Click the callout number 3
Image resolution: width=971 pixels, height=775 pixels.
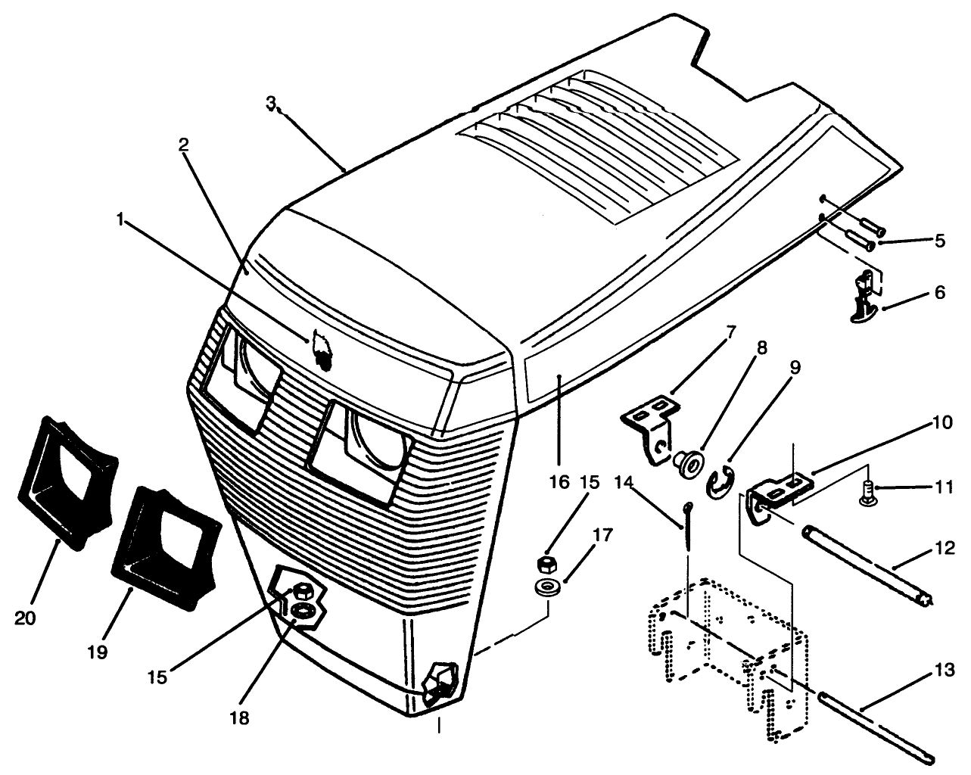[x=270, y=103]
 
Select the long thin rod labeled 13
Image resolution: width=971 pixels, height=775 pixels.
[x=870, y=718]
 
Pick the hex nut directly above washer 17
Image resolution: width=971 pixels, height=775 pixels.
[x=545, y=562]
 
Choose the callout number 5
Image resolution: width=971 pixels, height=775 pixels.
[x=939, y=241]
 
